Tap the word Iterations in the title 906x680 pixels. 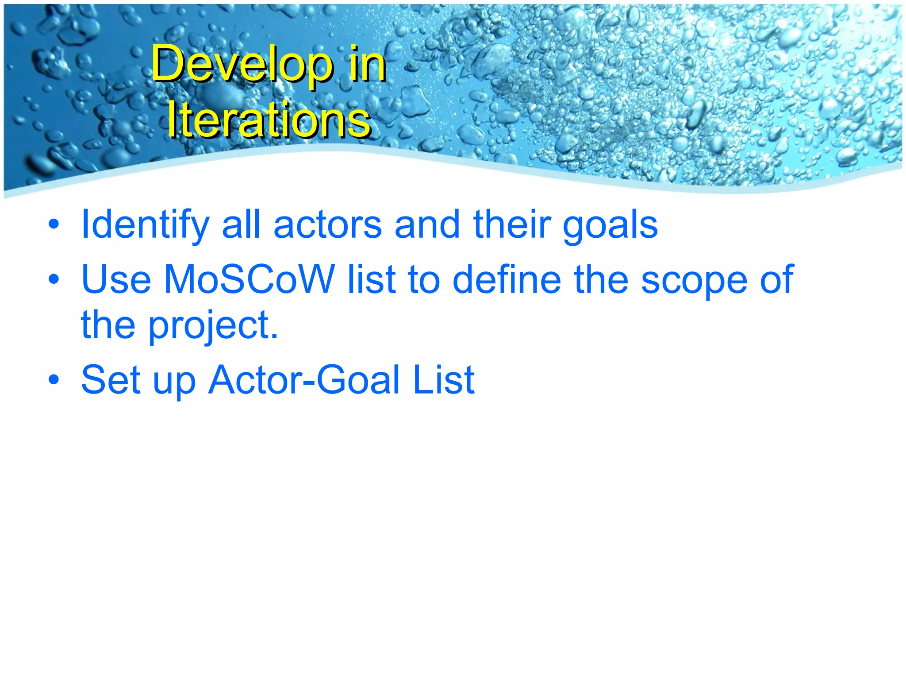click(269, 120)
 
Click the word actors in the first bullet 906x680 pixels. click(328, 225)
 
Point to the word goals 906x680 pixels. click(610, 225)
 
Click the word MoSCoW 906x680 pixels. click(250, 279)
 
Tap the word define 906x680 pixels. click(507, 279)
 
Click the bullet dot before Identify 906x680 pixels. click(54, 225)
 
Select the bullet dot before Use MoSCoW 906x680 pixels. click(54, 280)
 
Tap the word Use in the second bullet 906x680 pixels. click(116, 279)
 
